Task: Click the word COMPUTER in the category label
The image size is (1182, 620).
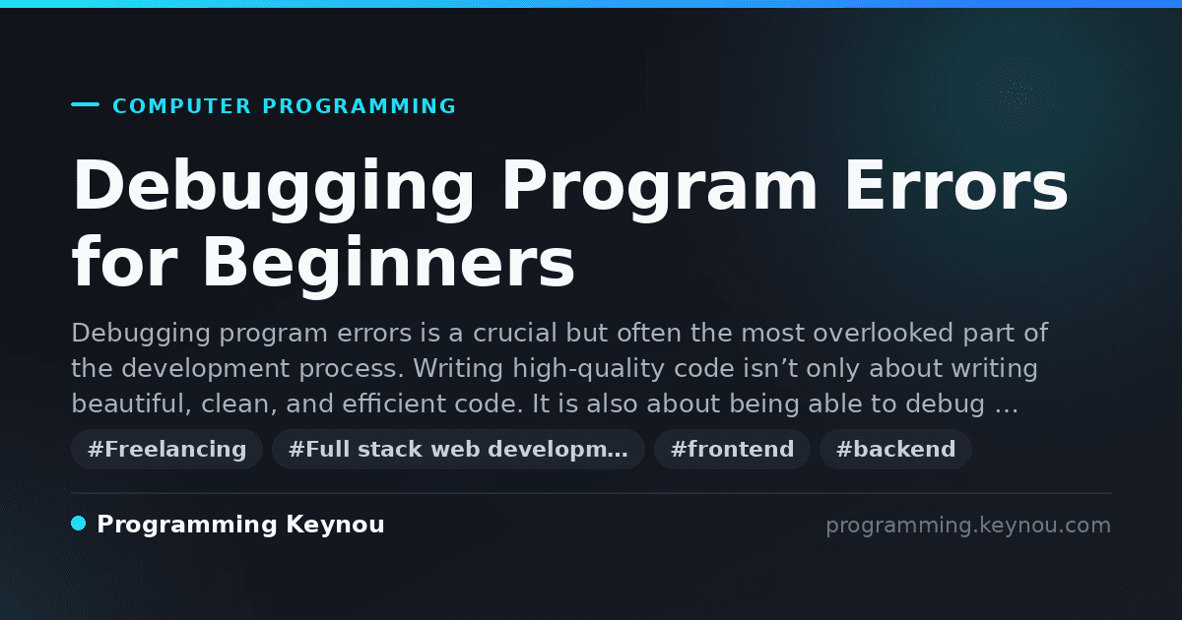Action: (181, 106)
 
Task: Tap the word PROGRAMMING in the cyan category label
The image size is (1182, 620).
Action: (359, 106)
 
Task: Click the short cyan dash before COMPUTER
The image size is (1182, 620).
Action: (85, 104)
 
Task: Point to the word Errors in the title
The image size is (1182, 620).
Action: (956, 186)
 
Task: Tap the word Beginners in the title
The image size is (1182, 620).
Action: (388, 265)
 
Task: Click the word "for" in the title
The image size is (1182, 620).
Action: (124, 261)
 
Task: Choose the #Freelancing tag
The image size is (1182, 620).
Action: (166, 449)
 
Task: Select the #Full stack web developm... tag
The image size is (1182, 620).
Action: (458, 449)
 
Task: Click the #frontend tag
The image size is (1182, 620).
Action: (732, 449)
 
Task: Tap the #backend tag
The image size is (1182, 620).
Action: (895, 449)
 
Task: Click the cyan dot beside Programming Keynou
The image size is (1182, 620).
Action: (79, 524)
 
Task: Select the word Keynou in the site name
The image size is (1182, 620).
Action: (335, 526)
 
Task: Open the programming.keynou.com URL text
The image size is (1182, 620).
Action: (968, 526)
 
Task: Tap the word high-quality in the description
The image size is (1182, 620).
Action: (588, 369)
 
